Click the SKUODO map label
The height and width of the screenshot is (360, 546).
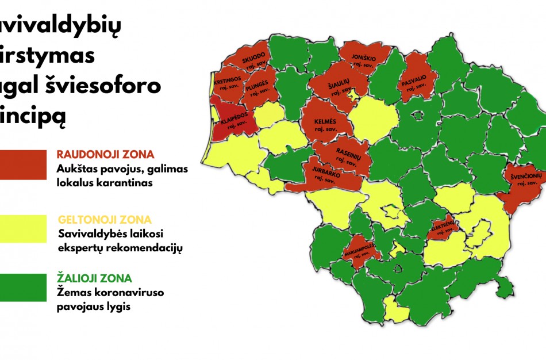tap(253, 60)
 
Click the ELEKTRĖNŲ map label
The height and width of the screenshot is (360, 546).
tap(444, 225)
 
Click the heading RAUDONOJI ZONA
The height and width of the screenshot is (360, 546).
tap(105, 155)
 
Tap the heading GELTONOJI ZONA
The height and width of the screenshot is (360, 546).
tap(105, 220)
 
